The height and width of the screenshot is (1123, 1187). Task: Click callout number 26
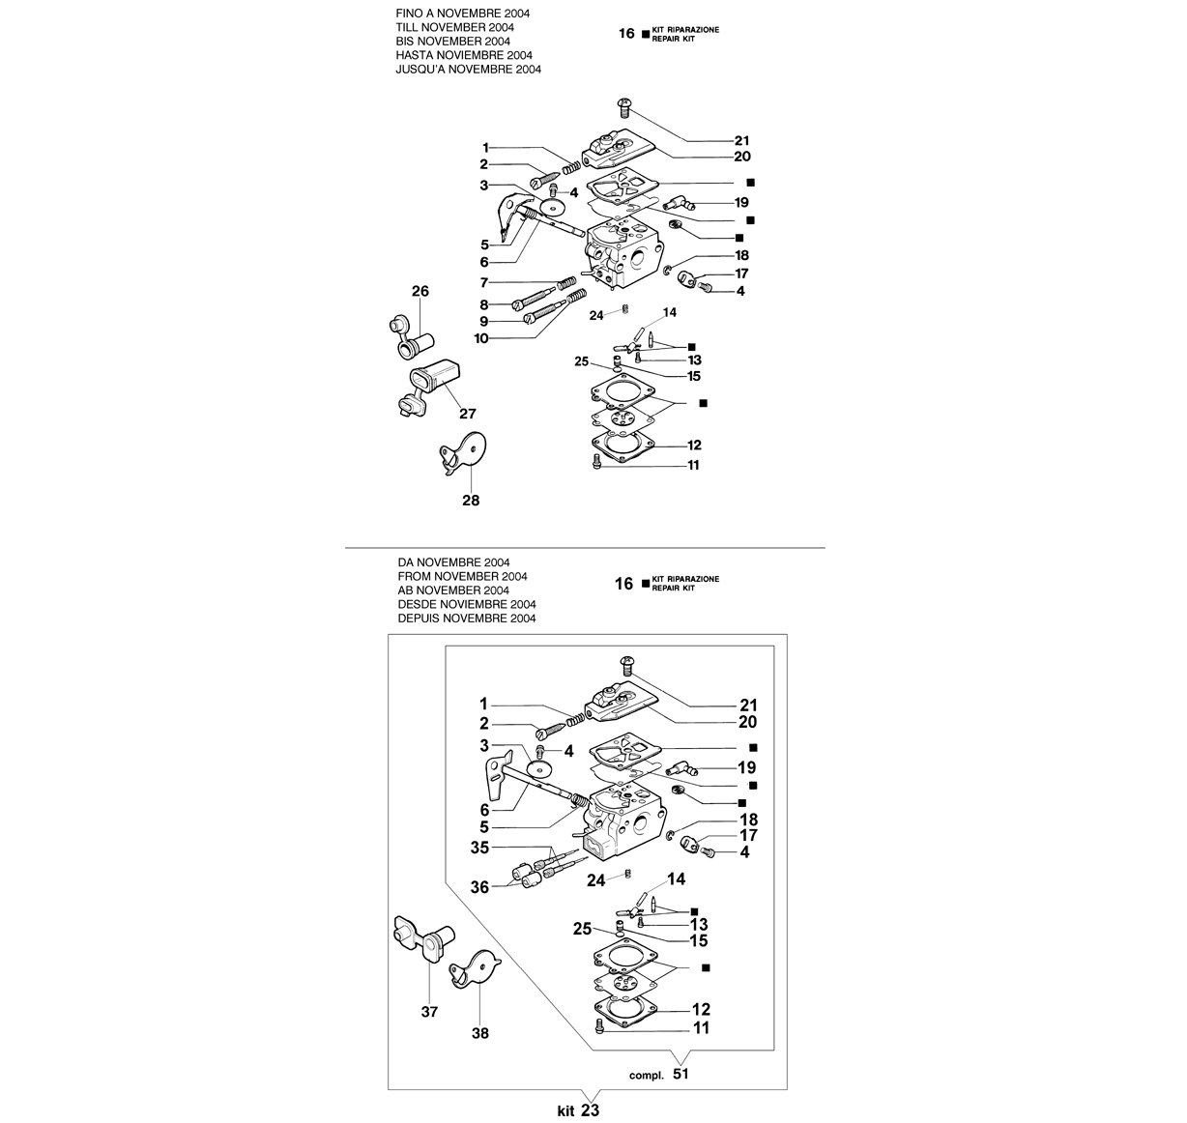(x=420, y=291)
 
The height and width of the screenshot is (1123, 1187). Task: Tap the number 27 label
(x=467, y=414)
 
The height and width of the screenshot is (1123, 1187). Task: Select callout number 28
(x=471, y=501)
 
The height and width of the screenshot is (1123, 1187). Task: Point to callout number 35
(x=480, y=848)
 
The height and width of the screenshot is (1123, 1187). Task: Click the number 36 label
(x=480, y=887)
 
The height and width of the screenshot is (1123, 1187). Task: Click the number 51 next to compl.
(x=680, y=1074)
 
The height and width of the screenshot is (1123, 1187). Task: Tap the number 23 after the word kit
(x=591, y=1110)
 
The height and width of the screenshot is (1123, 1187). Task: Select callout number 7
(x=483, y=282)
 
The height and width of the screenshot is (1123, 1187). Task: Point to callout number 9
(x=483, y=321)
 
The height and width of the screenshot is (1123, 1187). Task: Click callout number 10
(x=481, y=338)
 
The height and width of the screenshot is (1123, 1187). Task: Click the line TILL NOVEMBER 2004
(x=455, y=27)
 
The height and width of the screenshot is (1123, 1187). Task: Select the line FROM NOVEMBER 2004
(x=462, y=576)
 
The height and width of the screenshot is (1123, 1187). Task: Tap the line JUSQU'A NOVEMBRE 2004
(x=469, y=69)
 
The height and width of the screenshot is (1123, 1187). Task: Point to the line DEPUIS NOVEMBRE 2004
(x=467, y=619)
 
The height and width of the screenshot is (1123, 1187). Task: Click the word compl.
(x=646, y=1076)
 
